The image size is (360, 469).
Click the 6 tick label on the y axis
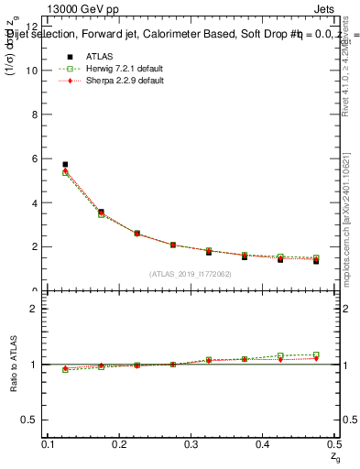tap(34, 158)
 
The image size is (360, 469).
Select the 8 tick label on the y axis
tap(34, 115)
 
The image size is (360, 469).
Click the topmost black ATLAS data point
tap(65, 165)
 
